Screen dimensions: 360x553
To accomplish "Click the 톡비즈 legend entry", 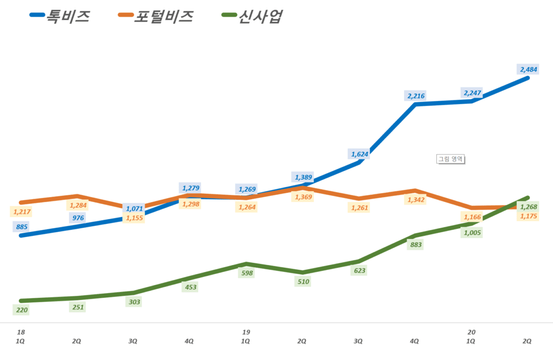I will coord(59,17).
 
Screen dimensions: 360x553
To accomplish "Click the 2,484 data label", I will coord(528,69).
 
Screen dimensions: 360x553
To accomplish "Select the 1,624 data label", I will coord(360,154).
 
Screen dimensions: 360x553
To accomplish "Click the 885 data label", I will coord(22,227).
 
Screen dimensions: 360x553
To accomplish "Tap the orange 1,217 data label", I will coord(22,212).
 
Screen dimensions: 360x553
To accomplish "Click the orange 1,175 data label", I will coord(528,216).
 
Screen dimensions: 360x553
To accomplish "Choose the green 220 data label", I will coord(22,310).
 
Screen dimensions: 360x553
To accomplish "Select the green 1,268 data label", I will coord(528,207).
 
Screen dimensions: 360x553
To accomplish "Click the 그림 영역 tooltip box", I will coord(451,159).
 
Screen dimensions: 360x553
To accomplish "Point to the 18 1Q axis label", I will coord(21,337).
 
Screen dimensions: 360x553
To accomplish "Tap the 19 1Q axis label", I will coord(246,337).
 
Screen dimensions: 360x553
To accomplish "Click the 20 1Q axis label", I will coord(471,337).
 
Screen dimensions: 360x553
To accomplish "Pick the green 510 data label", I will coord(304,282).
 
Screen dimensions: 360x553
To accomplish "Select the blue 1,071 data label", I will coord(134,208).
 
